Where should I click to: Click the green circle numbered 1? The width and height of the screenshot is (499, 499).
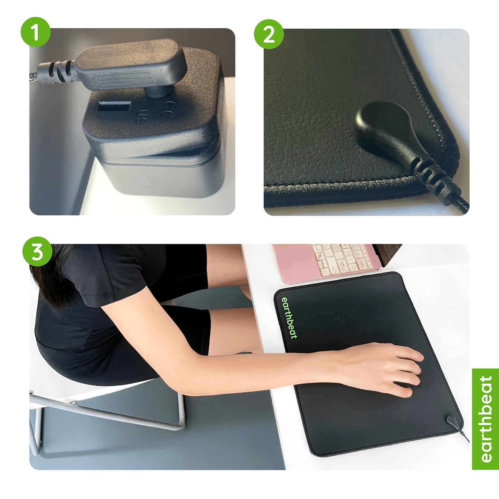pos(36,32)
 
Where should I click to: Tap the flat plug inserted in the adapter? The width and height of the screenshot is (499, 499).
pos(129,66)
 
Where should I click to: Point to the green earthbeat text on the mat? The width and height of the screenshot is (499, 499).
pos(289,318)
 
